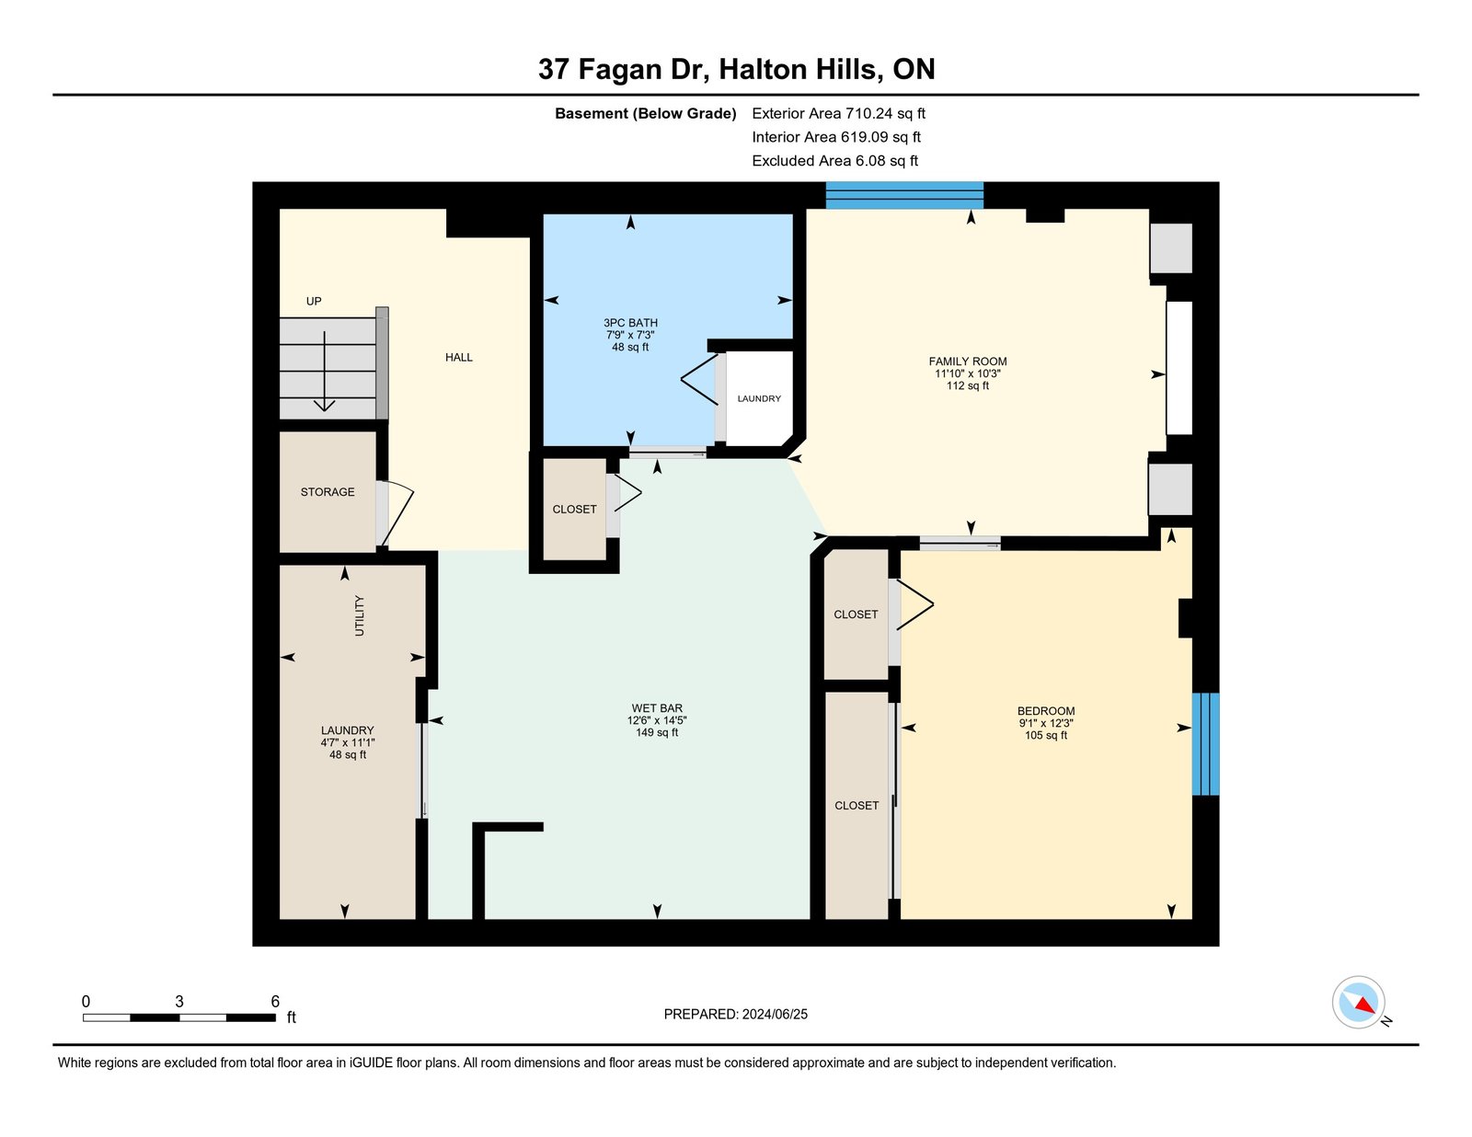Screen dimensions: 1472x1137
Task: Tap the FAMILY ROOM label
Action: pyautogui.click(x=967, y=362)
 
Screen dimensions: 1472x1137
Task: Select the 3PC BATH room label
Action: pyautogui.click(x=630, y=323)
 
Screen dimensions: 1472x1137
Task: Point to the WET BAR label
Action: pyautogui.click(x=656, y=708)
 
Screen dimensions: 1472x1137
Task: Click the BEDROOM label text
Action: pyautogui.click(x=1046, y=711)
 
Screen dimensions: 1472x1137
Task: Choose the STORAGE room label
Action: pyautogui.click(x=328, y=492)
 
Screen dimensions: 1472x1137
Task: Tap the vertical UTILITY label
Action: pyautogui.click(x=360, y=615)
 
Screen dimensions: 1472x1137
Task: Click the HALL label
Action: pyautogui.click(x=458, y=358)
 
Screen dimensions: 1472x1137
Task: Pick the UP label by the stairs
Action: pyautogui.click(x=314, y=302)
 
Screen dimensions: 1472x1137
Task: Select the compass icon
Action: pyautogui.click(x=1359, y=1003)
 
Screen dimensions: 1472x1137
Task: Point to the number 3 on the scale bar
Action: pyautogui.click(x=178, y=1002)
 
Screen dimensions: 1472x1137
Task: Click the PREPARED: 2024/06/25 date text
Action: pyautogui.click(x=736, y=1015)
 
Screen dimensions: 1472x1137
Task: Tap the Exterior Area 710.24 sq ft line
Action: pyautogui.click(x=838, y=114)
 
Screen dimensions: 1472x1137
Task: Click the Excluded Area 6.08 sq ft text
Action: pyautogui.click(x=834, y=161)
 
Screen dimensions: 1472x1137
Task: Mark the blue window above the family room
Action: pyautogui.click(x=904, y=195)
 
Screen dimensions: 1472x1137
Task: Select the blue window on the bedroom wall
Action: pyautogui.click(x=1205, y=743)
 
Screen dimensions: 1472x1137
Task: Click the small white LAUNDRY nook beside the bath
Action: pyautogui.click(x=759, y=398)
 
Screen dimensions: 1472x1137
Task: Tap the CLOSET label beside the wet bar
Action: pyautogui.click(x=574, y=510)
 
